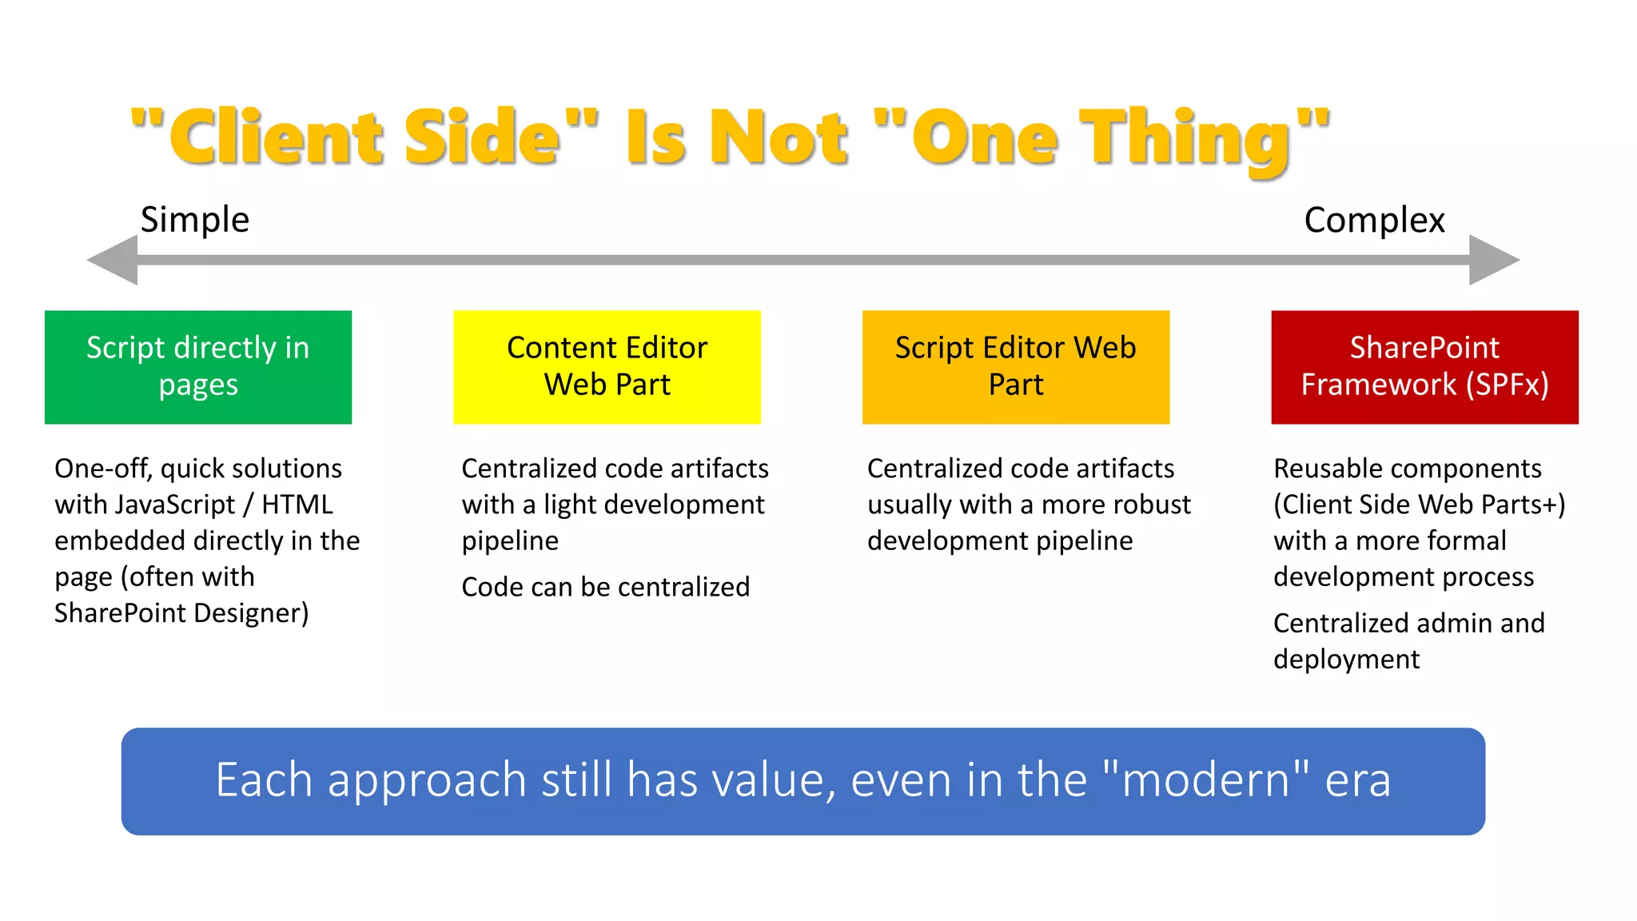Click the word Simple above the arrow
point(195,220)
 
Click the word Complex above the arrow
point(1374,221)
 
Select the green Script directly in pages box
point(198,367)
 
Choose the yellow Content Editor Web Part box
point(607,367)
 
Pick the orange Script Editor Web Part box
point(1016,367)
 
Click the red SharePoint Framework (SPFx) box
point(1424,367)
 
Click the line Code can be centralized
point(605,587)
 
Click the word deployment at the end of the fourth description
point(1346,660)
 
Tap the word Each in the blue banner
point(263,780)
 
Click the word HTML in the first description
point(297,504)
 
